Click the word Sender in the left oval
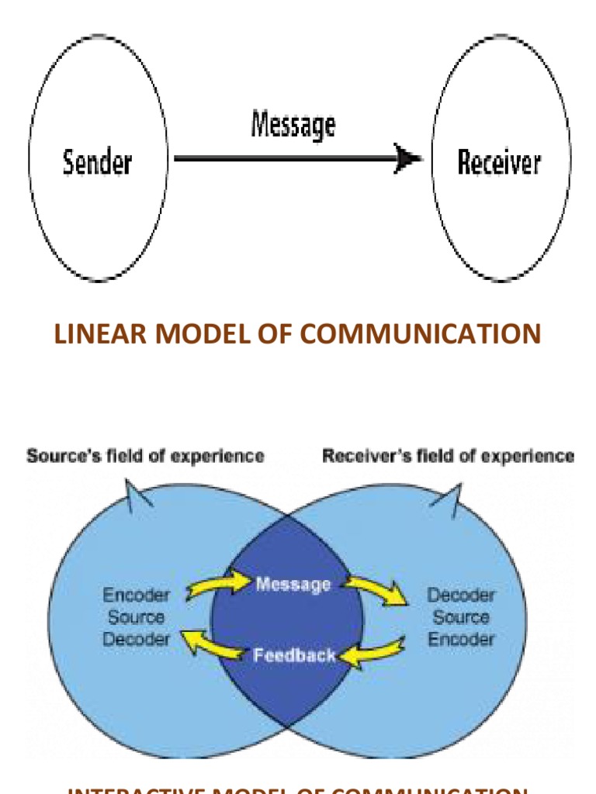(97, 163)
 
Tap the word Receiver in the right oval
(498, 163)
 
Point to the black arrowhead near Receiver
(407, 159)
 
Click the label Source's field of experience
(145, 456)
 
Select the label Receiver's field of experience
(449, 456)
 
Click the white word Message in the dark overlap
(293, 584)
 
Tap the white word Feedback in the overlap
(294, 655)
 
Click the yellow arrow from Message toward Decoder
(376, 591)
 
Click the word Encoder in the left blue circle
(136, 595)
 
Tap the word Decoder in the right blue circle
(461, 595)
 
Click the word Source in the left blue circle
(136, 618)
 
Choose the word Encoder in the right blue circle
(461, 640)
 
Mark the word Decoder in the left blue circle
(136, 640)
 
